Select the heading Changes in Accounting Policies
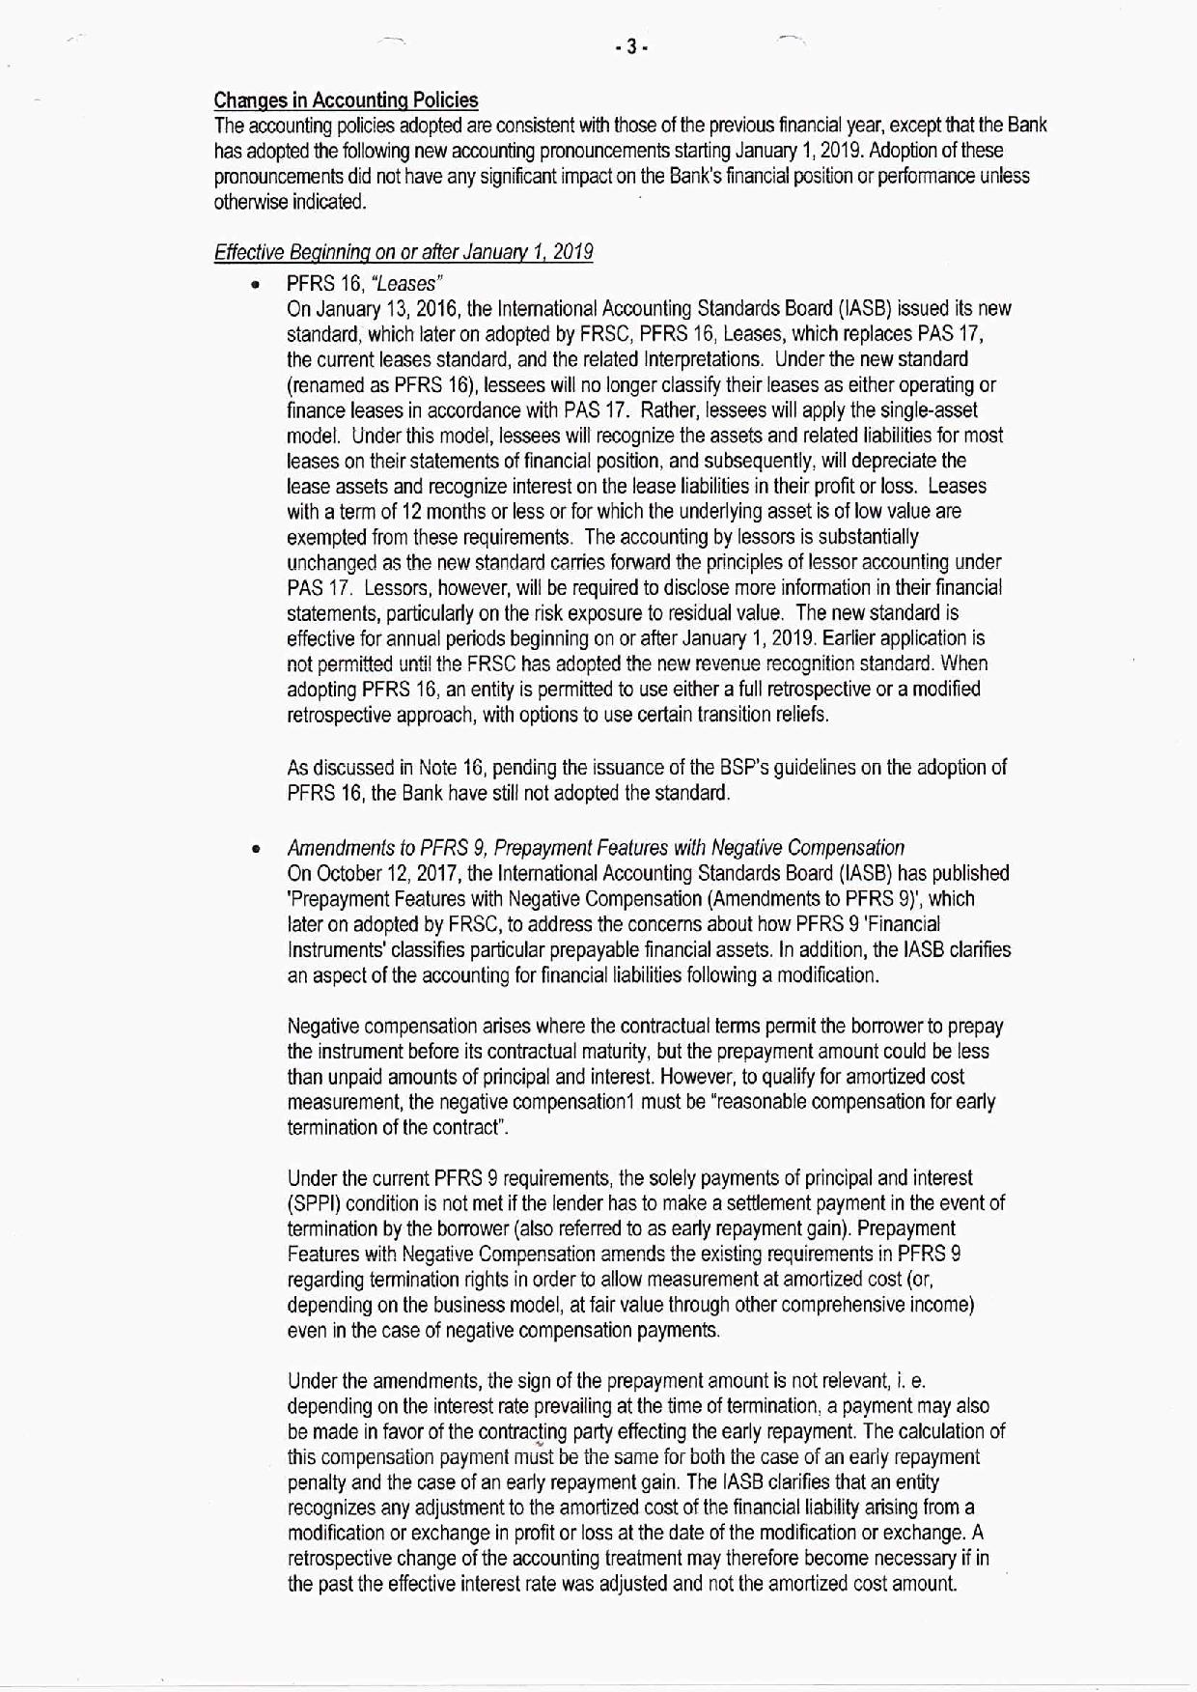tap(346, 100)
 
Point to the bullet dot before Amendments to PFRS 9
tap(256, 850)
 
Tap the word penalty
tap(316, 1482)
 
